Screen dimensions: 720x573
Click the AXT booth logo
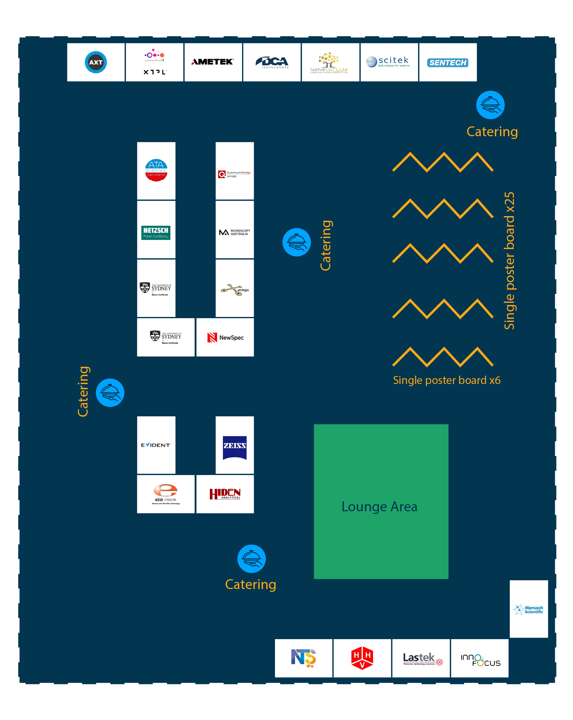pyautogui.click(x=96, y=62)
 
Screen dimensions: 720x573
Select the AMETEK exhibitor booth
pyautogui.click(x=213, y=62)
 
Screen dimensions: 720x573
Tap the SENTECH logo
pyautogui.click(x=448, y=62)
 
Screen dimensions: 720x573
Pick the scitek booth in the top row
pyautogui.click(x=389, y=62)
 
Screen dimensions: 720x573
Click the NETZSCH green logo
pyautogui.click(x=156, y=232)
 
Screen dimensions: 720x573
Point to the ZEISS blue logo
pyautogui.click(x=235, y=448)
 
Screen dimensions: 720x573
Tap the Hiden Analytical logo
pyautogui.click(x=225, y=494)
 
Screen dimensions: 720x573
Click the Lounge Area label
pyautogui.click(x=379, y=507)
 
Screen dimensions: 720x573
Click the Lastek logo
pyautogui.click(x=422, y=659)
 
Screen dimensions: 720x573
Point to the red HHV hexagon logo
pyautogui.click(x=362, y=658)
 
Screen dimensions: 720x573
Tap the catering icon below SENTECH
pyautogui.click(x=490, y=105)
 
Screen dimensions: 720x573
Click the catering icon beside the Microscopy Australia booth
pyautogui.click(x=296, y=242)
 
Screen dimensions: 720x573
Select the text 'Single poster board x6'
pyautogui.click(x=446, y=380)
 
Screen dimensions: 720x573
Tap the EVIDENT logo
pyautogui.click(x=156, y=445)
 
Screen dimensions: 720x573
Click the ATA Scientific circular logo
pyautogui.click(x=156, y=170)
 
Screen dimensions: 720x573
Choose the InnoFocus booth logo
pyautogui.click(x=480, y=660)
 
